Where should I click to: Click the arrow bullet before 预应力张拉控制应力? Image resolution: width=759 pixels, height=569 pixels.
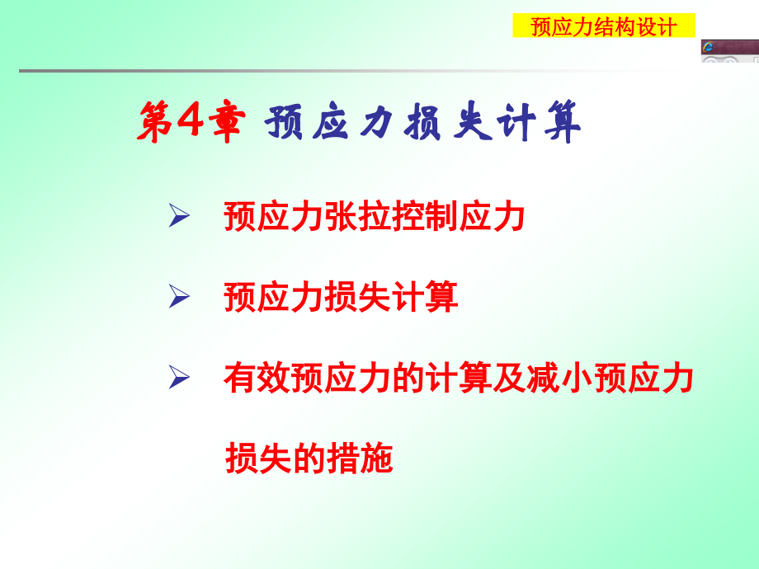click(x=179, y=218)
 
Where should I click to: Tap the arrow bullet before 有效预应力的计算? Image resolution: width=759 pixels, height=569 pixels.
click(x=179, y=379)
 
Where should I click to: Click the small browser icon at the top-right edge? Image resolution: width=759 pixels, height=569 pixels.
click(x=708, y=47)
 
